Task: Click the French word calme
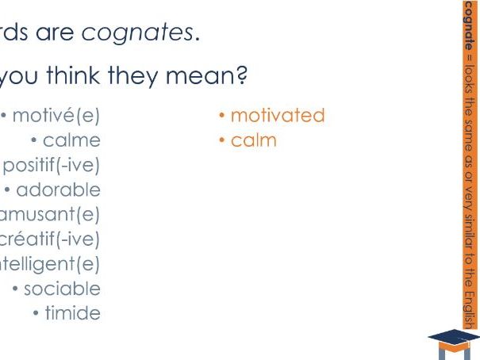coord(72,140)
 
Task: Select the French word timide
coord(72,313)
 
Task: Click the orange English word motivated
coord(278,116)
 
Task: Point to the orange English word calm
coord(254,140)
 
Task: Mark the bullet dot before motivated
coord(223,117)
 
